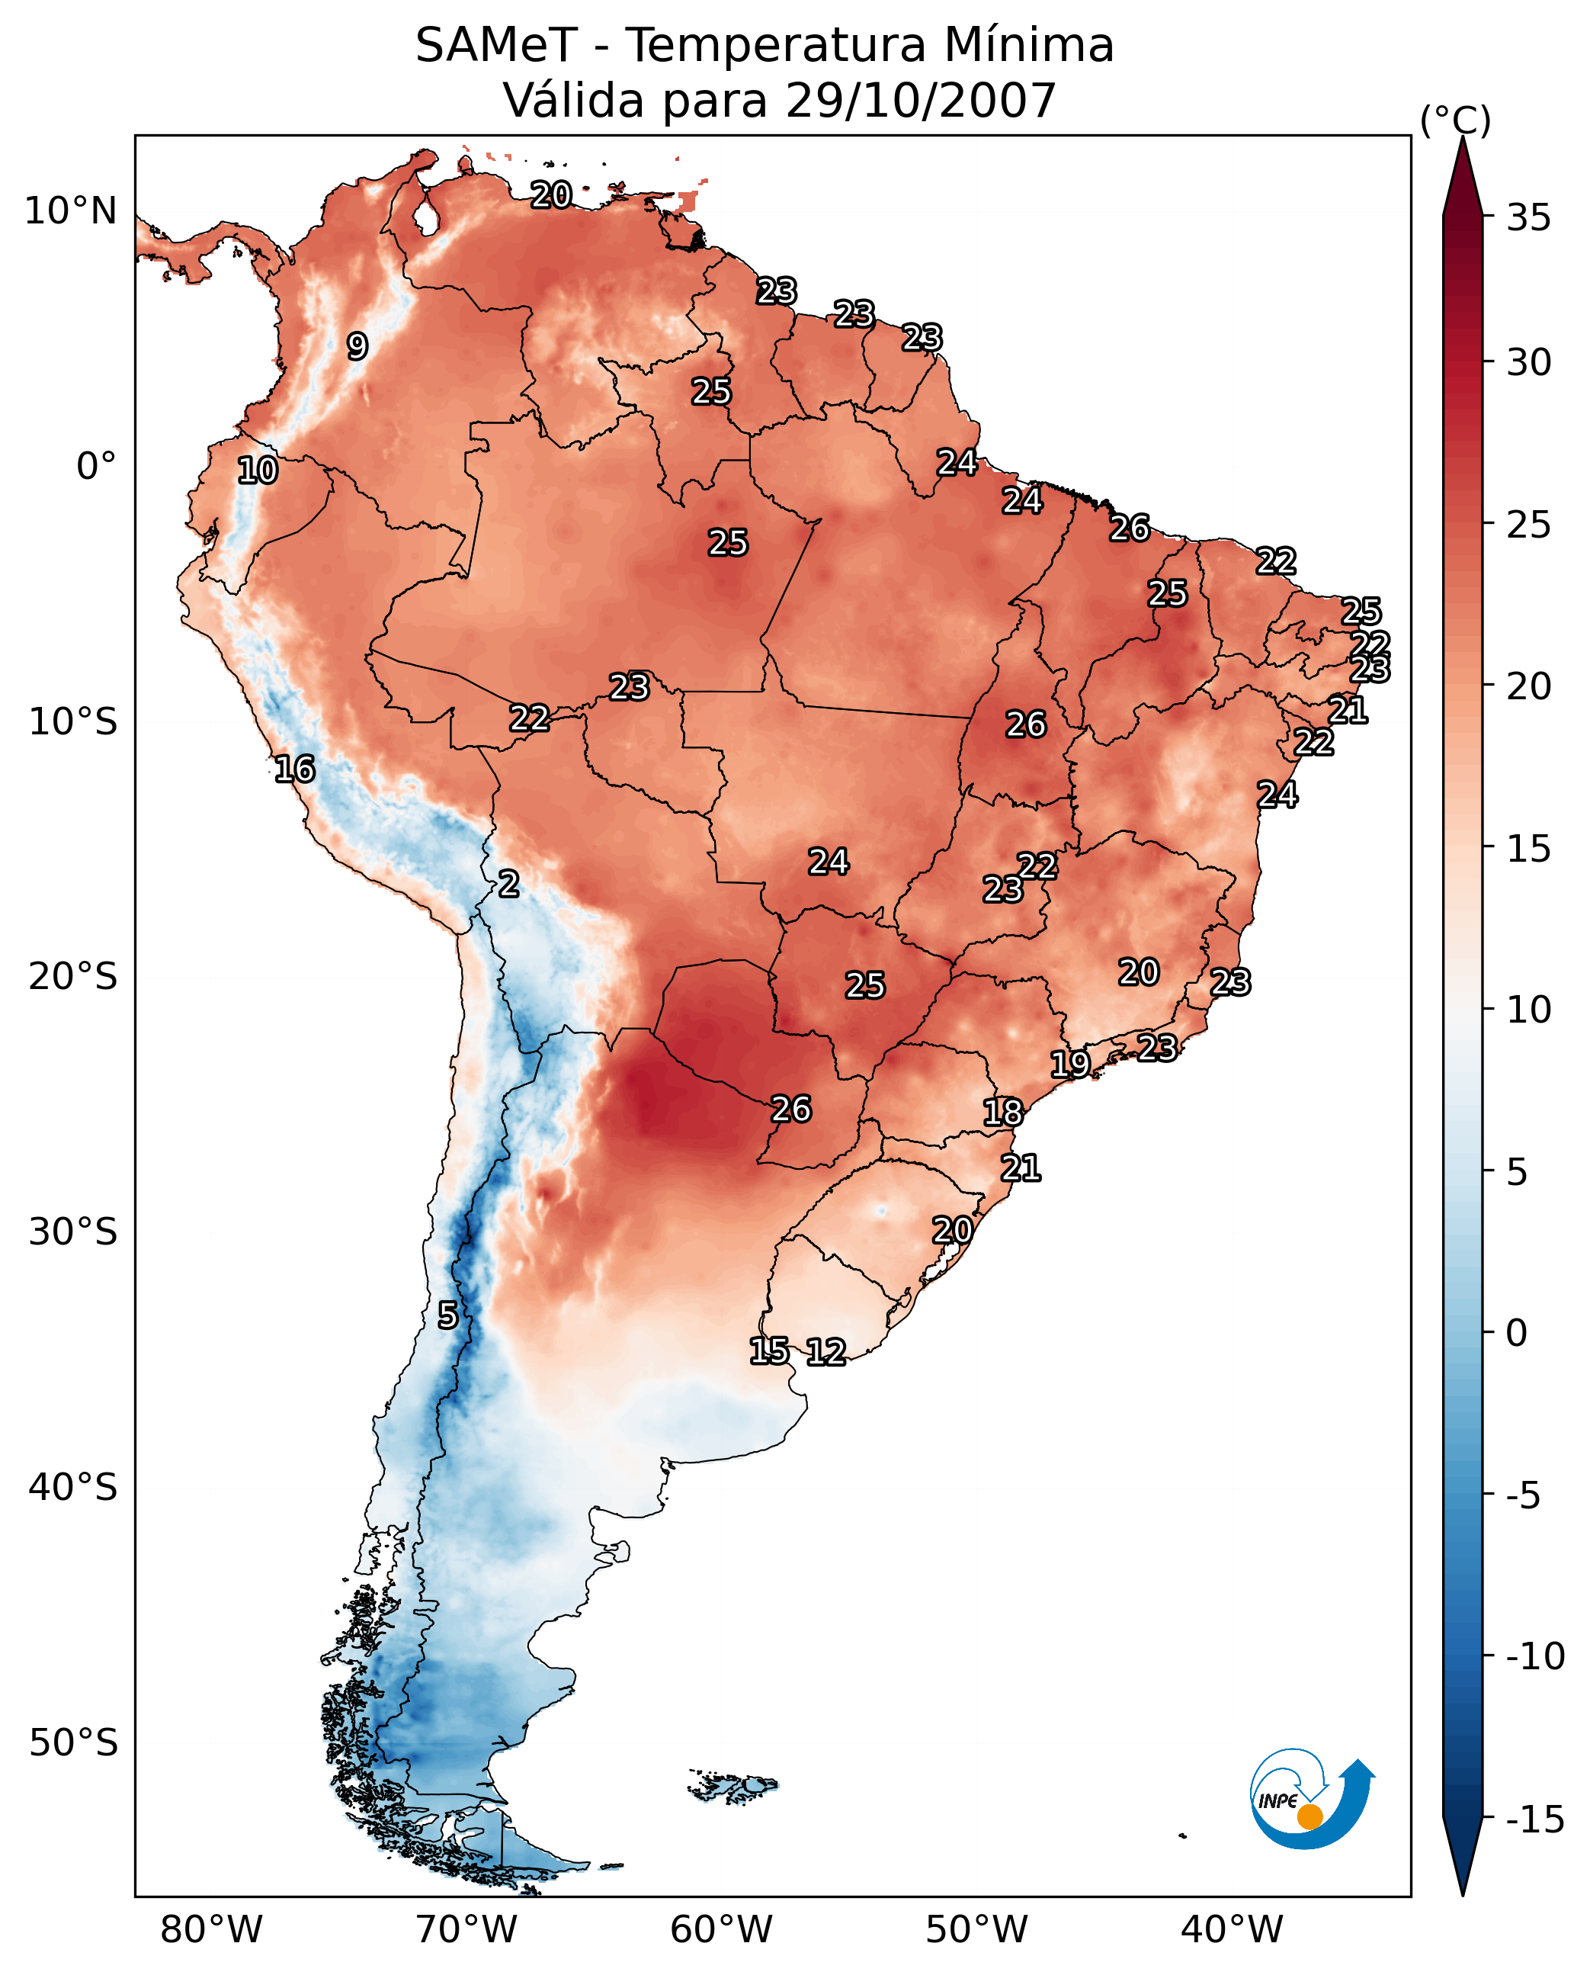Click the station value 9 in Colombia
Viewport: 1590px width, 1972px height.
pos(357,346)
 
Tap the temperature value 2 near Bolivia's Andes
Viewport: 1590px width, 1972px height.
pos(508,885)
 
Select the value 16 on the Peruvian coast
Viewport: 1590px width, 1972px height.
pos(295,769)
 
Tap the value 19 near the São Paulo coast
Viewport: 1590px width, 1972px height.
pos(1069,1064)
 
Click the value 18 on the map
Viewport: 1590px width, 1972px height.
pos(1003,1113)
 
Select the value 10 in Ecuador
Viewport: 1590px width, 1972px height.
pos(258,471)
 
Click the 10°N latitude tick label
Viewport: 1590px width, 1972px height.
pos(71,212)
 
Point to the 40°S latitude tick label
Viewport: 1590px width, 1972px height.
pos(73,1486)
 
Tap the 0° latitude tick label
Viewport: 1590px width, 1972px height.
pos(96,467)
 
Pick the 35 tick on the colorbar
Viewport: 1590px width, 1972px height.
pos(1528,218)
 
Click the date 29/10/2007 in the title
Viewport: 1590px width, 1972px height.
pos(921,100)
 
